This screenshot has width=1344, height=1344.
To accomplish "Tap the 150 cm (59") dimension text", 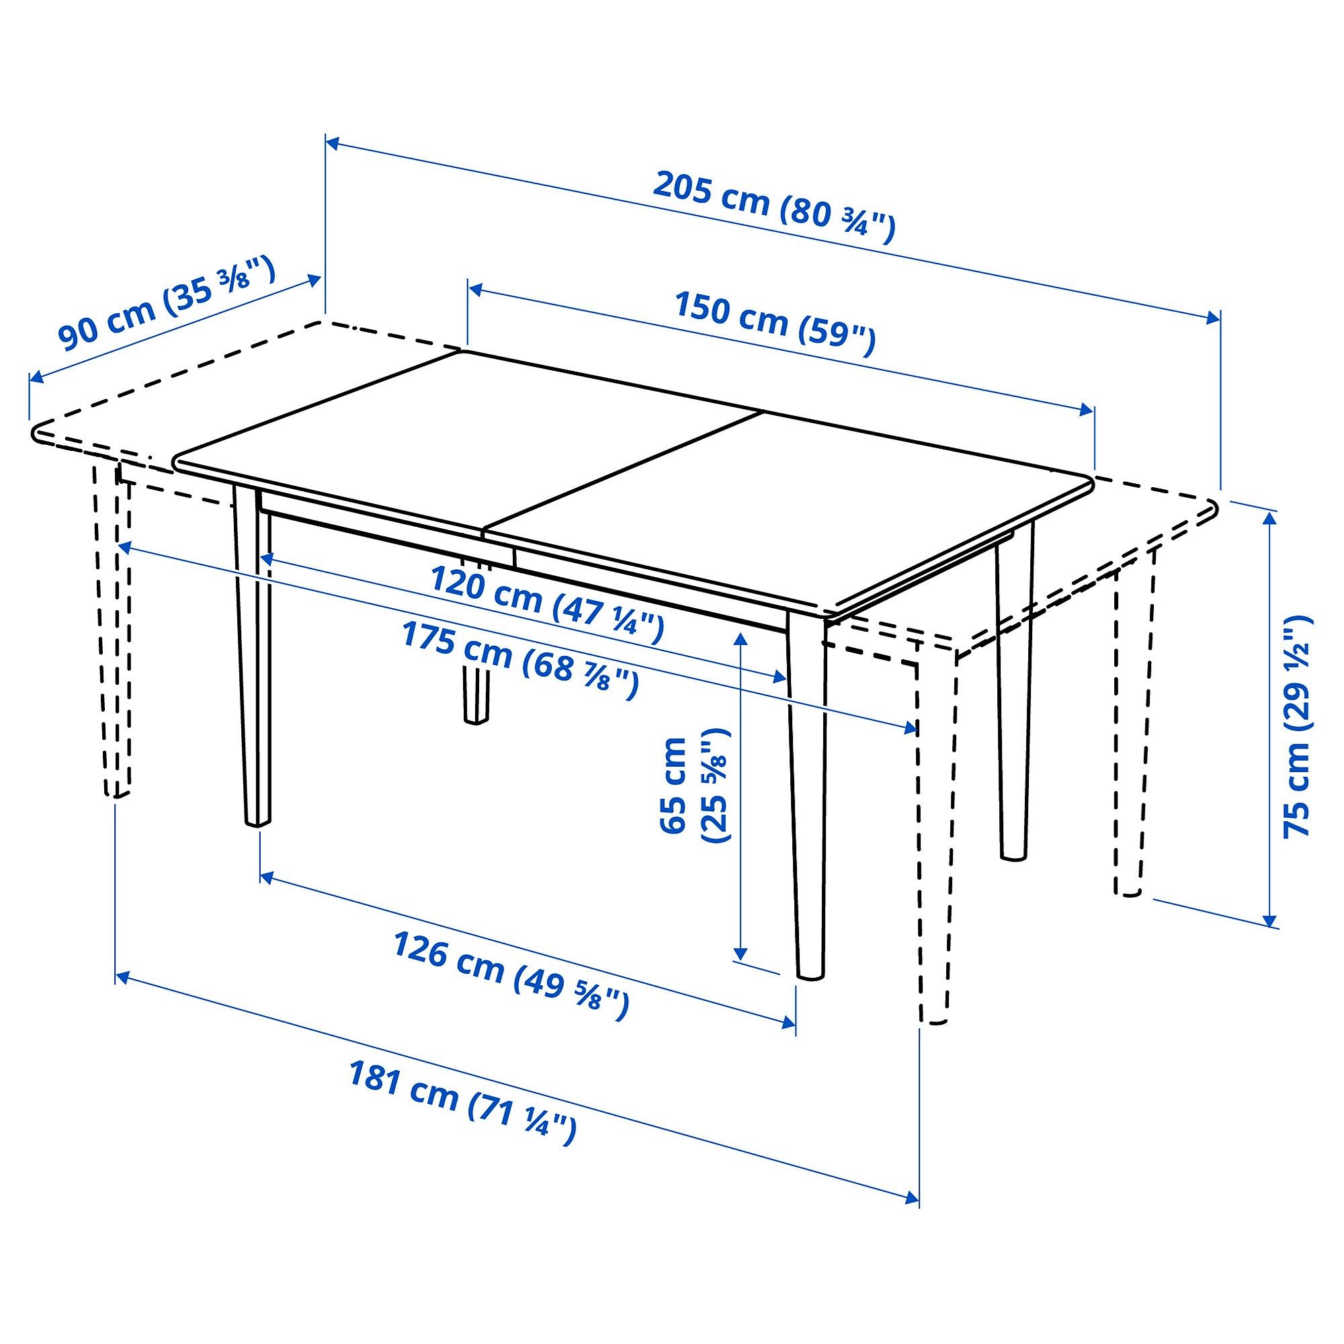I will click(774, 323).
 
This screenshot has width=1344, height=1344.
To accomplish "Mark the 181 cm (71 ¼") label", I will click(462, 1103).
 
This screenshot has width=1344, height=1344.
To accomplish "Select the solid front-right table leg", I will click(808, 800).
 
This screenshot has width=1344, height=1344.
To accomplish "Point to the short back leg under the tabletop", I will click(476, 696).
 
